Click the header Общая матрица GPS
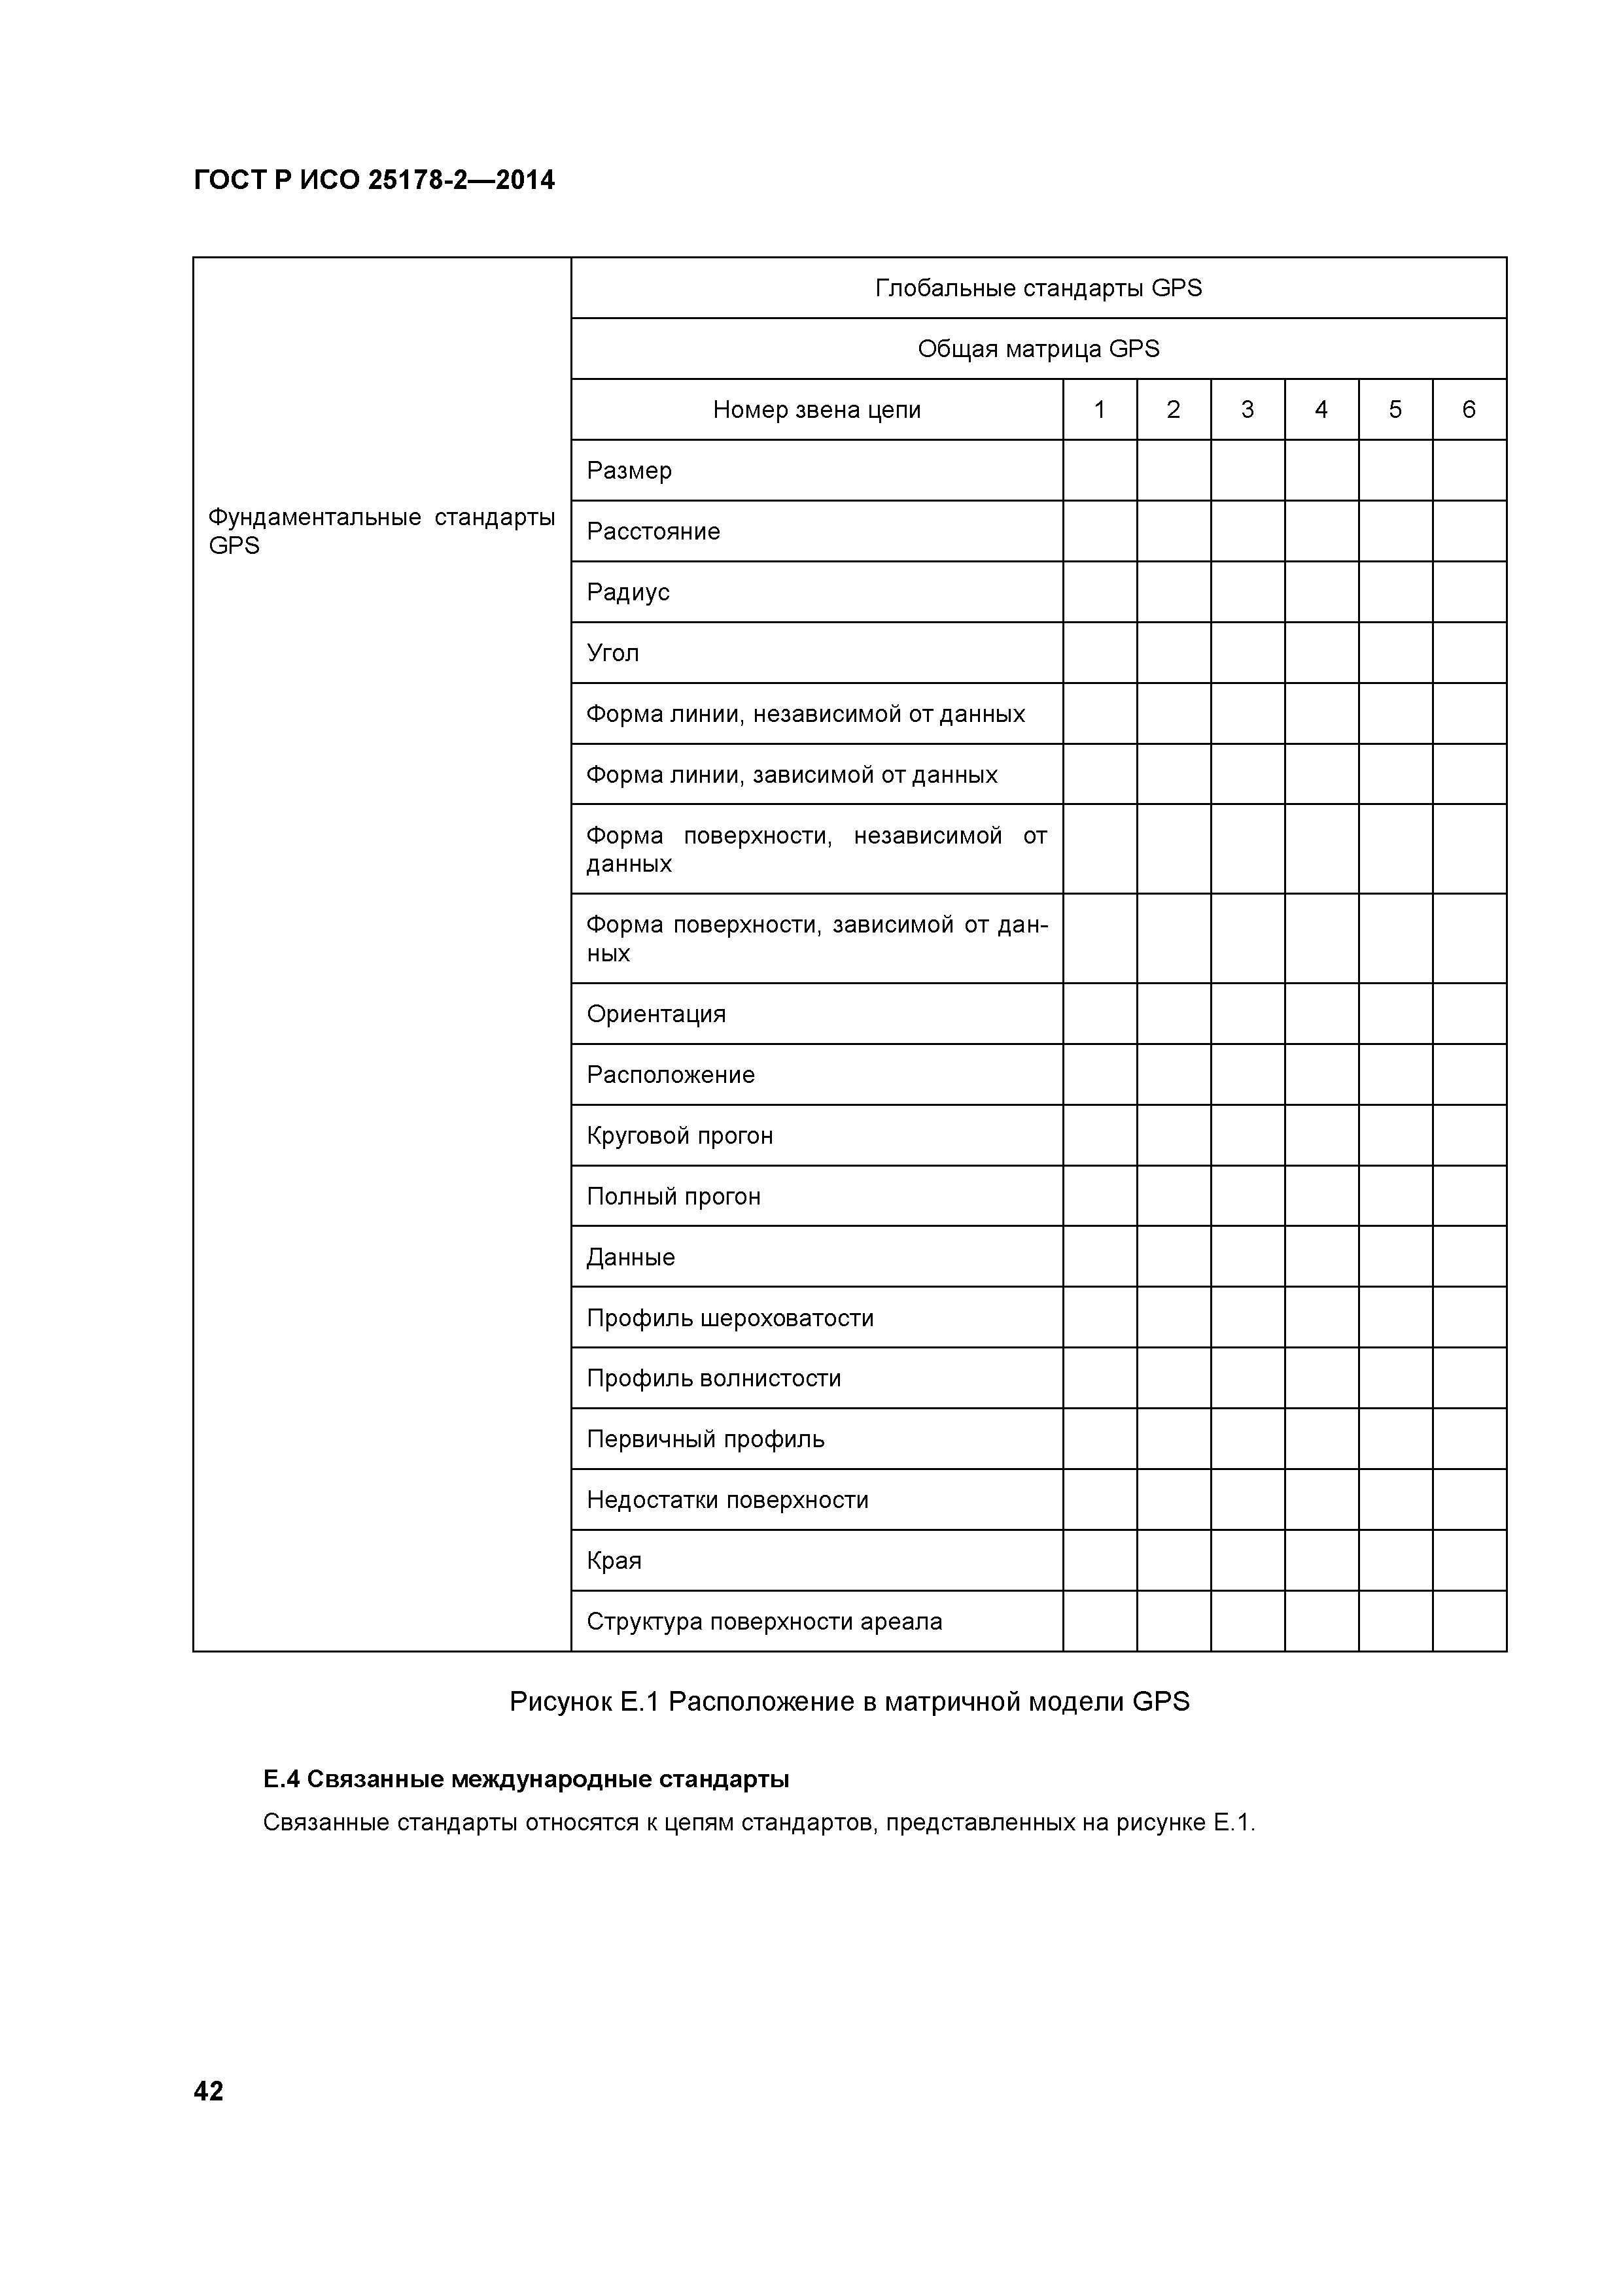pyautogui.click(x=1038, y=349)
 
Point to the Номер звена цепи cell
pyautogui.click(x=816, y=409)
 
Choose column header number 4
pyautogui.click(x=1321, y=409)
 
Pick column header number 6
pyautogui.click(x=1469, y=409)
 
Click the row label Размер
pyautogui.click(x=629, y=471)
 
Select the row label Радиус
pyautogui.click(x=627, y=592)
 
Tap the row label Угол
pyautogui.click(x=612, y=653)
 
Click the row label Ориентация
pyautogui.click(x=655, y=1014)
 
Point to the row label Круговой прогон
pyautogui.click(x=680, y=1136)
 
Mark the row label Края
pyautogui.click(x=614, y=1561)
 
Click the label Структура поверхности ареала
pyautogui.click(x=765, y=1622)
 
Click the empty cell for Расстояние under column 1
pyautogui.click(x=1099, y=532)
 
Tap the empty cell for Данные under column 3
pyautogui.click(x=1248, y=1257)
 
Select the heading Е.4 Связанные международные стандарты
pyautogui.click(x=526, y=1779)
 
